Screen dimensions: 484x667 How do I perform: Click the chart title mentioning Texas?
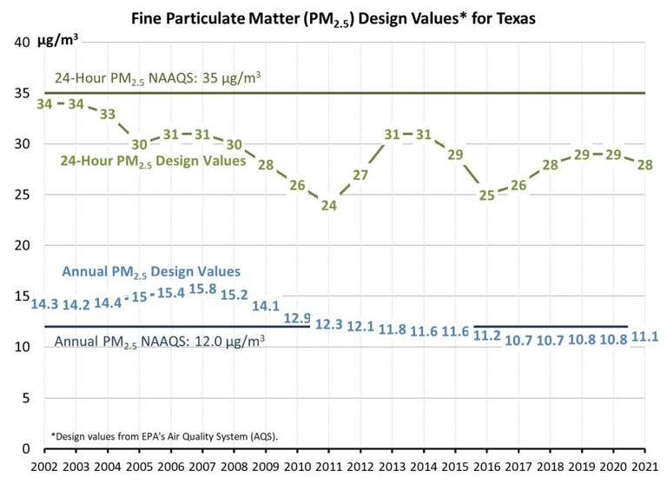[x=334, y=17]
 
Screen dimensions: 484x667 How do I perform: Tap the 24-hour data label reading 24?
[x=328, y=206]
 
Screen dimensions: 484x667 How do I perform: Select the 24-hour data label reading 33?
[x=108, y=114]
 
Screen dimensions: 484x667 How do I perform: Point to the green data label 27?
[x=360, y=175]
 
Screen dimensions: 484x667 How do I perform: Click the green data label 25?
[x=486, y=195]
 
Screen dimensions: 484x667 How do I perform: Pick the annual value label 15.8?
[x=202, y=289]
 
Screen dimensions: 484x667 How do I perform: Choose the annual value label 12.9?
[x=298, y=317]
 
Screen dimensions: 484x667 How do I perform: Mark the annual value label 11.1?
[x=644, y=336]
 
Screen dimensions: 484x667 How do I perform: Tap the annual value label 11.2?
[x=487, y=335]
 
